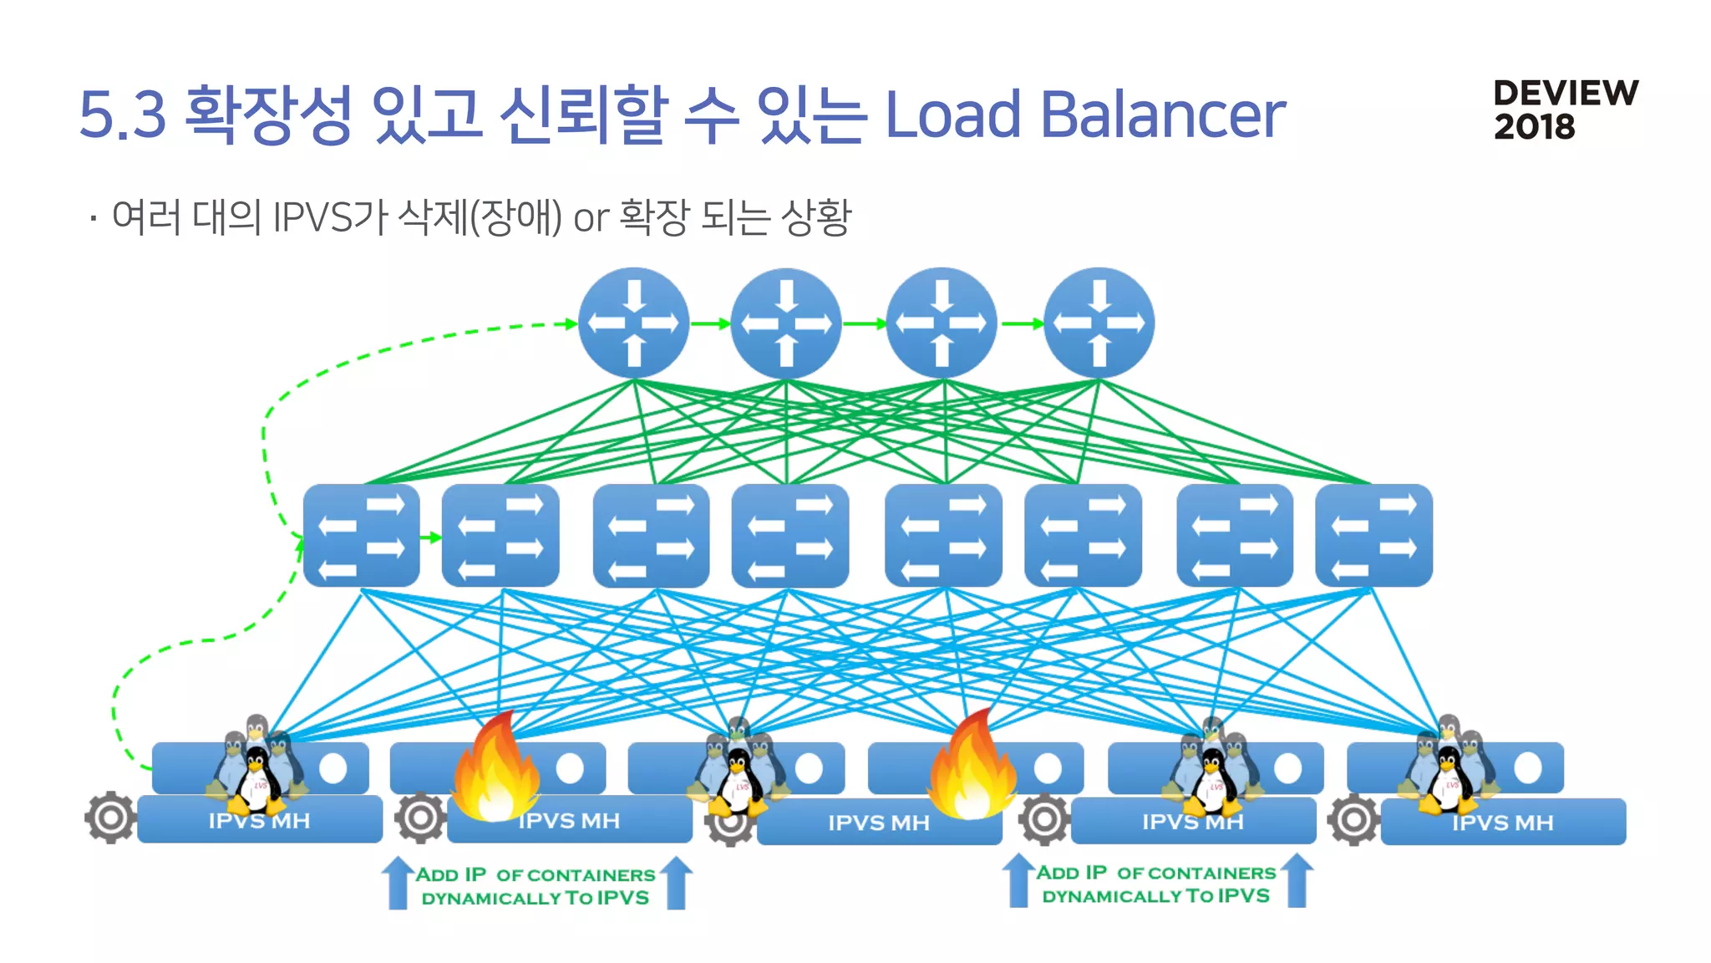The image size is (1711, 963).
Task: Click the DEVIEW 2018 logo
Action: click(1565, 110)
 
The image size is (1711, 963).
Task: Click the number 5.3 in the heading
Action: click(123, 114)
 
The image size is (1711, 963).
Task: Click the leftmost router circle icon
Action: click(633, 323)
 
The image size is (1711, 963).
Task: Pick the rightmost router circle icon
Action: click(1099, 323)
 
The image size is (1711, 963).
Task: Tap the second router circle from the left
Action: click(785, 323)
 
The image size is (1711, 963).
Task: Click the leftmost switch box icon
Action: click(361, 535)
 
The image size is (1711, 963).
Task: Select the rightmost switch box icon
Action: click(1373, 535)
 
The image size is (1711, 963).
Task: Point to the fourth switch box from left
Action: click(789, 535)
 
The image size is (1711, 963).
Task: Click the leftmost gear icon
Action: click(110, 817)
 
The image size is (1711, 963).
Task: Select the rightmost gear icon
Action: click(1353, 819)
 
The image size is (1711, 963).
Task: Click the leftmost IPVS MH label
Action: click(259, 821)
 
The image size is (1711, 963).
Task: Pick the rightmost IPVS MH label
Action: click(1502, 823)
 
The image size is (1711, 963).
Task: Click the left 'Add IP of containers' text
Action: click(535, 886)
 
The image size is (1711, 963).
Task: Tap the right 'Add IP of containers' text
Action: click(1156, 884)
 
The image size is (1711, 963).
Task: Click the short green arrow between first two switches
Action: click(430, 537)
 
